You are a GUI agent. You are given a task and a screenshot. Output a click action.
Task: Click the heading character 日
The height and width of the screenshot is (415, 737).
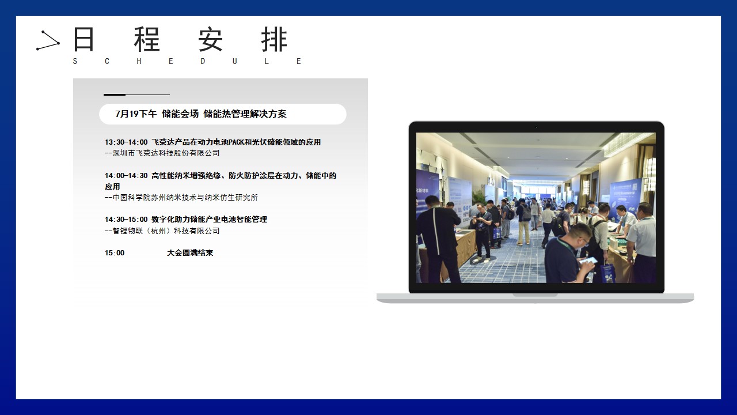pyautogui.click(x=83, y=40)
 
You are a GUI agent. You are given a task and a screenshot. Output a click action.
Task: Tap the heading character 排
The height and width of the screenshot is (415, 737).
pyautogui.click(x=275, y=40)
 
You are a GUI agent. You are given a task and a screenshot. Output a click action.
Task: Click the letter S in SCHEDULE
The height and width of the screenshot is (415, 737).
pyautogui.click(x=75, y=61)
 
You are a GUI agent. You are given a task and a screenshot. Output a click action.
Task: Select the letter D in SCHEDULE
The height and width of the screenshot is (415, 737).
pyautogui.click(x=203, y=61)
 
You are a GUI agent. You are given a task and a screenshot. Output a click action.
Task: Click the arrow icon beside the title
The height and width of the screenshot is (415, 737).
pyautogui.click(x=48, y=40)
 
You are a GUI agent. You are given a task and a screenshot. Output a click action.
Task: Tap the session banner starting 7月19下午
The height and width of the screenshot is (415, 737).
pyautogui.click(x=222, y=114)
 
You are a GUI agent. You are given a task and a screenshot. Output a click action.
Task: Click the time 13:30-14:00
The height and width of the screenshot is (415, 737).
pyautogui.click(x=126, y=142)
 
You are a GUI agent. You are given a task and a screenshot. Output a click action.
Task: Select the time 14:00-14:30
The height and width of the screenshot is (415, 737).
pyautogui.click(x=126, y=176)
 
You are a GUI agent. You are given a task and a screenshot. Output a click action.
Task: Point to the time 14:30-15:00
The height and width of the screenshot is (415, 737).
pyautogui.click(x=126, y=220)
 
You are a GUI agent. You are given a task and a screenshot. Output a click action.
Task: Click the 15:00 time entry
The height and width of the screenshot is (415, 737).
pyautogui.click(x=115, y=253)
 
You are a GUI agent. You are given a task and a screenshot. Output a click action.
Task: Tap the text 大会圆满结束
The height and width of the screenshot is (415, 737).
pyautogui.click(x=190, y=253)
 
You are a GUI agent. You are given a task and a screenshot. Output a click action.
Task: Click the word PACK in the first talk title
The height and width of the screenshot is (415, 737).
pyautogui.click(x=236, y=142)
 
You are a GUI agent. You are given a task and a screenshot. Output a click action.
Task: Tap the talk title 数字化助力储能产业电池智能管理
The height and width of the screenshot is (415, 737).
pyautogui.click(x=209, y=220)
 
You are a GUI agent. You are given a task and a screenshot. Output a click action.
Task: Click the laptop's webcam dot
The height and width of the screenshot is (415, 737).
pyautogui.click(x=536, y=127)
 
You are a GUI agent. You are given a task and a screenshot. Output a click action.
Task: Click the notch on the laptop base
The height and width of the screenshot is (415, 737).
pyautogui.click(x=535, y=295)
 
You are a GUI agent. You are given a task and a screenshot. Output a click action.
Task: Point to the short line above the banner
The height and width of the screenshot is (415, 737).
pyautogui.click(x=136, y=95)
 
